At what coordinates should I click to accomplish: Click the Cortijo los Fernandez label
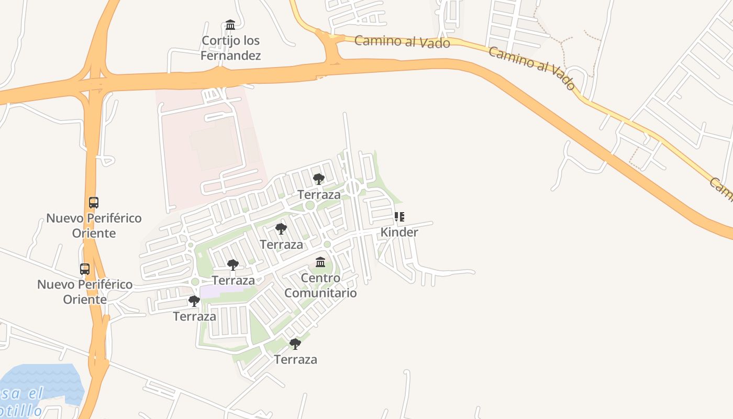tap(230, 48)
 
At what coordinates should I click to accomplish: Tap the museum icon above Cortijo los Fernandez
tap(230, 25)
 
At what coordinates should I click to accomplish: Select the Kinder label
tap(399, 232)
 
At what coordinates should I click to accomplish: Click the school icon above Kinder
tap(399, 216)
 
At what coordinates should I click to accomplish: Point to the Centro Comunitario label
tap(320, 285)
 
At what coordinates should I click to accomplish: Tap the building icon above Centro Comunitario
tap(320, 262)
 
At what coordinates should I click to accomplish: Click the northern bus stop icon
tap(94, 203)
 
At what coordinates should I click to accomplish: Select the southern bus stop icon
tap(85, 269)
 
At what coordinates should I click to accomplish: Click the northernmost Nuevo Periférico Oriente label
tap(94, 225)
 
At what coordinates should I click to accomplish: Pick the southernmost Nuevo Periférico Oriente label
tap(85, 292)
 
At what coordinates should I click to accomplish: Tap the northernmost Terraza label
tap(319, 195)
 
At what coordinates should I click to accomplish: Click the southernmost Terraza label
tap(295, 359)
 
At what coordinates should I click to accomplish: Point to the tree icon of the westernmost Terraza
tap(194, 301)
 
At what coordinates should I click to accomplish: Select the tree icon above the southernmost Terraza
tap(295, 344)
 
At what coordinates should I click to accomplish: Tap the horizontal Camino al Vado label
tap(402, 41)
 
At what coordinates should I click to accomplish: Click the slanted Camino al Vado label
tap(532, 67)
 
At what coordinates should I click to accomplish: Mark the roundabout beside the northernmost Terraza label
tap(352, 187)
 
